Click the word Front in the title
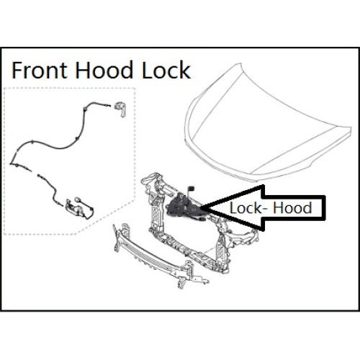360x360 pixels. pos(39,70)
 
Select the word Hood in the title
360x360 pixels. pos(104,70)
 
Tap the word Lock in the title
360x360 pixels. pos(166,70)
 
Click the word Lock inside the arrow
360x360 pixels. pos(246,208)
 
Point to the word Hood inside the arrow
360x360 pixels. pos(292,208)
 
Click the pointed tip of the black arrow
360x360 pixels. pos(201,207)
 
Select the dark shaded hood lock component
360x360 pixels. pos(184,206)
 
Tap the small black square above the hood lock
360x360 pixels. pos(192,187)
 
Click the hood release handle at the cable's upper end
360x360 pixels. pos(121,110)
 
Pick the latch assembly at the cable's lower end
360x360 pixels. pos(79,207)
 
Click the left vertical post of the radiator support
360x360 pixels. pos(156,211)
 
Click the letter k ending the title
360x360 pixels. pos(186,70)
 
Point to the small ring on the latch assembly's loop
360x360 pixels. pos(78,199)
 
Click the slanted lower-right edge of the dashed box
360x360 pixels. pos(104,217)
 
